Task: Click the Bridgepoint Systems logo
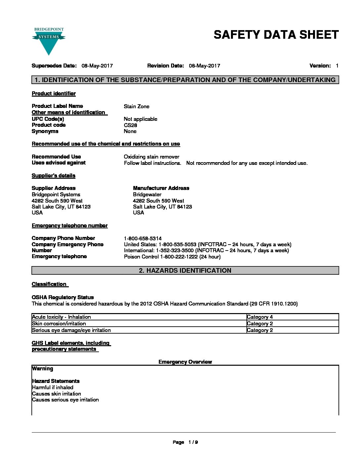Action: (49, 41)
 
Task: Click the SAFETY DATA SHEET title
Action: (276, 35)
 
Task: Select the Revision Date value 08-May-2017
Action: (204, 66)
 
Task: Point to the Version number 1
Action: (337, 66)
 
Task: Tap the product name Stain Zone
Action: (136, 107)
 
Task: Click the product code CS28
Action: (130, 125)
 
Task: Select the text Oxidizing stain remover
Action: (151, 157)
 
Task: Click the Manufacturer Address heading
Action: (161, 188)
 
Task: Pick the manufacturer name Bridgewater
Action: (147, 195)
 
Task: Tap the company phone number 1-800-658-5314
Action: (143, 239)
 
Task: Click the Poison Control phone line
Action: (172, 257)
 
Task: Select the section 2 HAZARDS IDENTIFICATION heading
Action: (185, 271)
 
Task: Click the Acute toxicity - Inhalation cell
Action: (61, 317)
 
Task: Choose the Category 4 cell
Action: (260, 317)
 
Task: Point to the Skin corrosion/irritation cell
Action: (59, 324)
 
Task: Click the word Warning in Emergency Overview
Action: (42, 369)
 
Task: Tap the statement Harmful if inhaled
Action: (53, 388)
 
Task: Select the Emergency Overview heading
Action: (185, 362)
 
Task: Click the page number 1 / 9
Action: (193, 443)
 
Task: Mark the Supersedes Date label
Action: (54, 66)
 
